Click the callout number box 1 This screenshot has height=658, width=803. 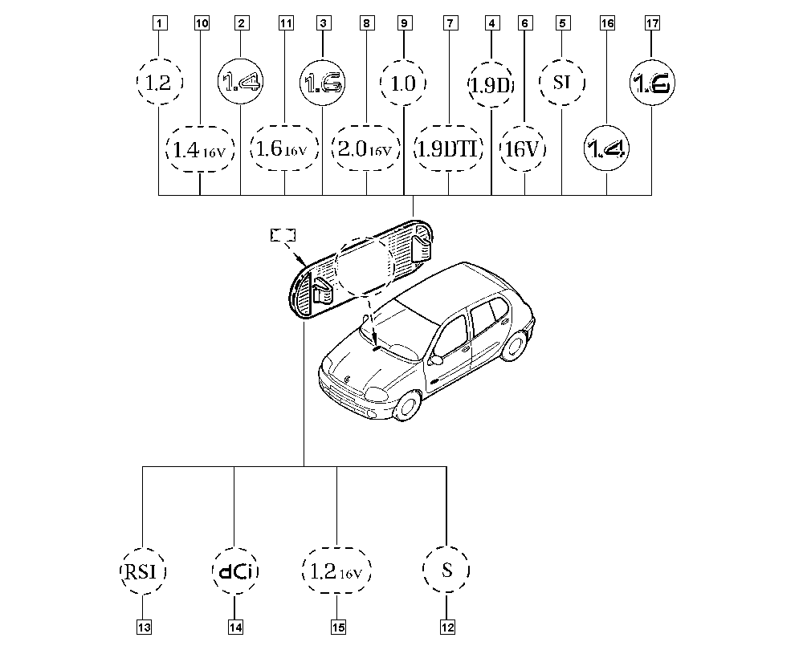pyautogui.click(x=160, y=23)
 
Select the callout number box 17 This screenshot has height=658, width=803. pyautogui.click(x=652, y=23)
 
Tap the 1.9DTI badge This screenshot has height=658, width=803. pyautogui.click(x=449, y=148)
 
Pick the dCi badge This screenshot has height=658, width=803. pyautogui.click(x=235, y=571)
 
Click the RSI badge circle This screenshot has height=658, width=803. pyautogui.click(x=143, y=571)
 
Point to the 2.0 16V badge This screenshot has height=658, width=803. pyautogui.click(x=366, y=148)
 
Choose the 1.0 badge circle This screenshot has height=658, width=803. pyautogui.click(x=404, y=83)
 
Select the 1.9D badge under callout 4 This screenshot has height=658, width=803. pyautogui.click(x=491, y=84)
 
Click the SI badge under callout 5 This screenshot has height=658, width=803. pyautogui.click(x=562, y=83)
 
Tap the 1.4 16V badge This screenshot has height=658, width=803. pyautogui.click(x=200, y=149)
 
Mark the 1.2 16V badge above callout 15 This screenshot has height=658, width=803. pyautogui.click(x=336, y=571)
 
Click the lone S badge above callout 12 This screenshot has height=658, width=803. pyautogui.click(x=446, y=570)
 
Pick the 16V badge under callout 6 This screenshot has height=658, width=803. pyautogui.click(x=523, y=148)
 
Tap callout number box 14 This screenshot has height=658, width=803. pyautogui.click(x=235, y=627)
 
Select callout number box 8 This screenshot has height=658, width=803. pyautogui.click(x=366, y=23)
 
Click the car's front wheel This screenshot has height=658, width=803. pyautogui.click(x=407, y=406)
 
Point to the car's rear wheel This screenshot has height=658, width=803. pyautogui.click(x=516, y=345)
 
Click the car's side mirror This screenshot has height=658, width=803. pyautogui.click(x=436, y=359)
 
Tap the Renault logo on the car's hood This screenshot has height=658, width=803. pyautogui.click(x=348, y=380)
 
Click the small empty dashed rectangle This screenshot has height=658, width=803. pyautogui.click(x=283, y=235)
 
